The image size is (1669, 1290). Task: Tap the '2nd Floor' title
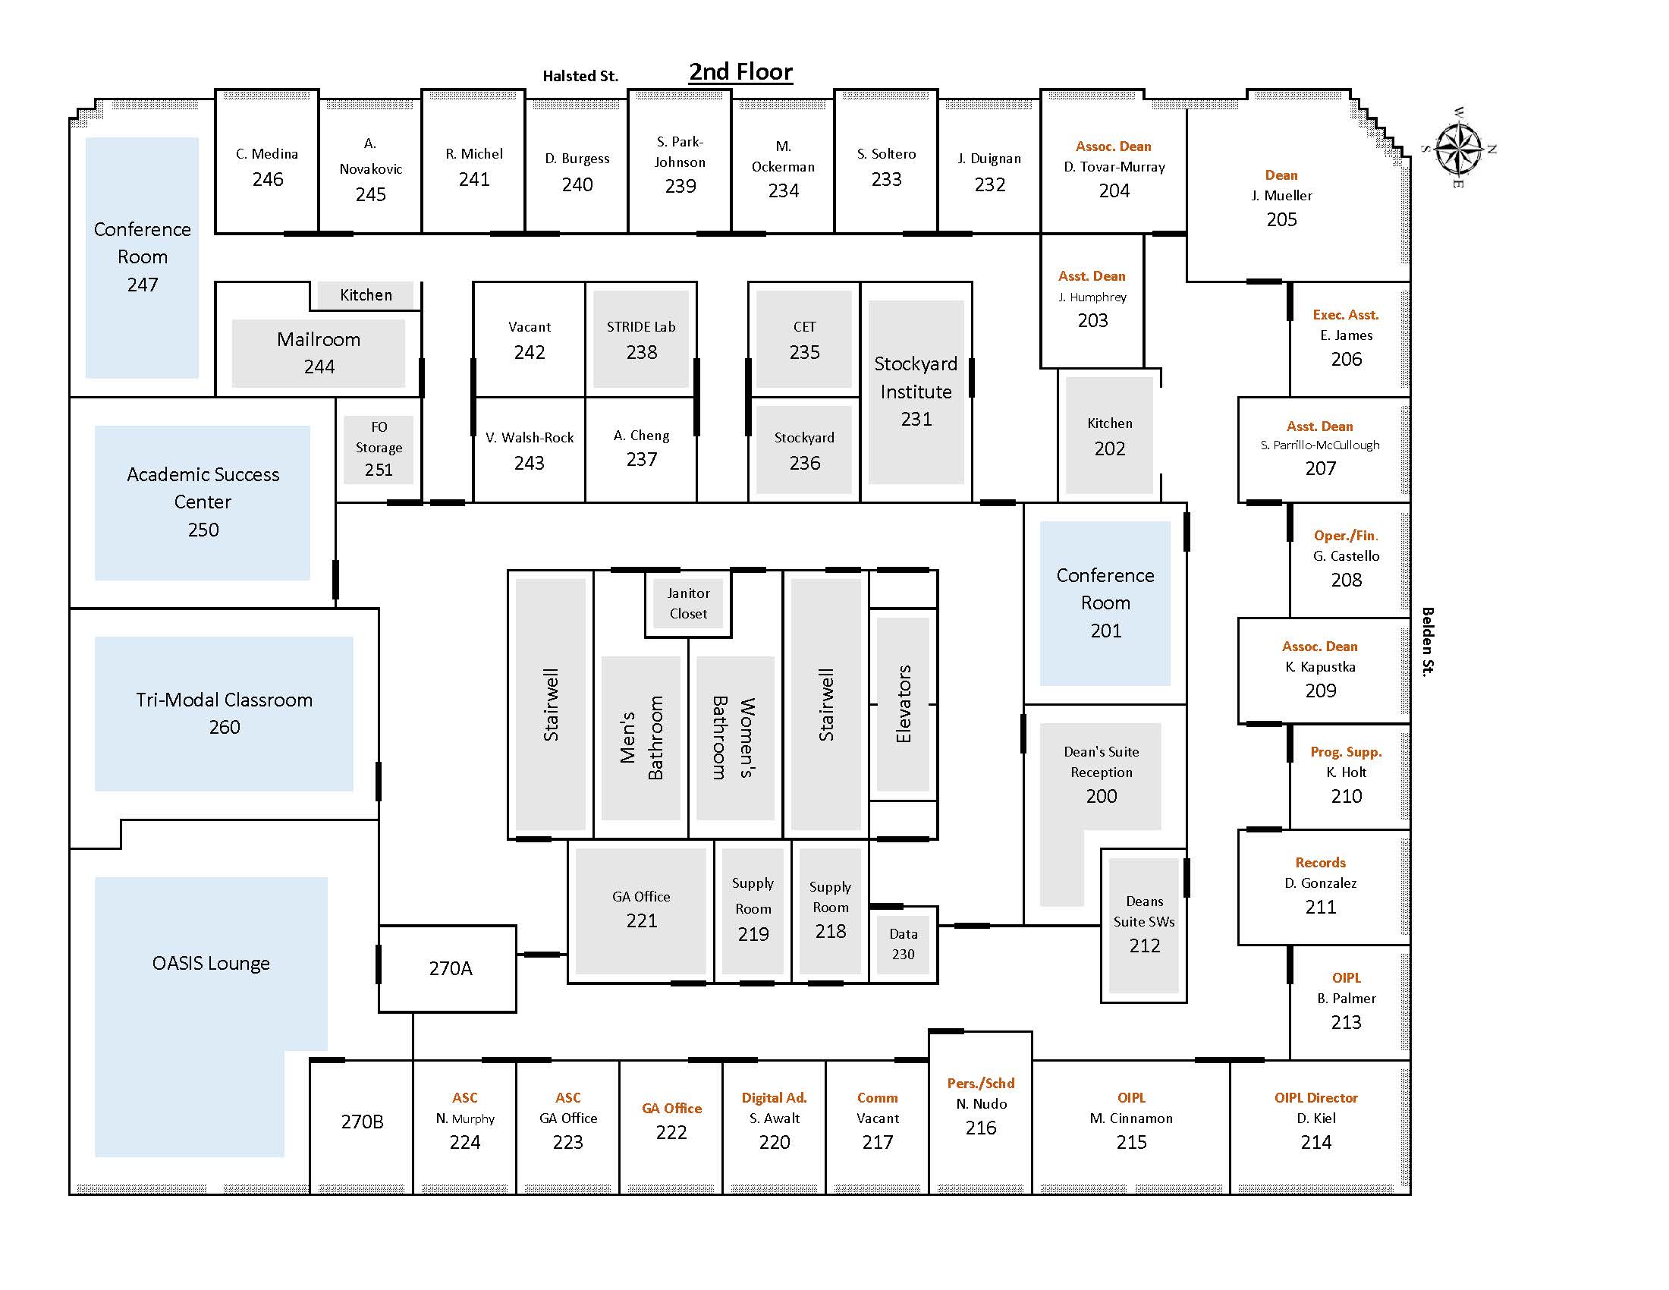coord(740,72)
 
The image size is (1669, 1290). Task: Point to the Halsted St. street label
coord(580,76)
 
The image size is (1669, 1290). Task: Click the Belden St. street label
coord(1427,641)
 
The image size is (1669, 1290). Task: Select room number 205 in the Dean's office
coord(1281,219)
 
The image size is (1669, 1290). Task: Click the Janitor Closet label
coord(688,603)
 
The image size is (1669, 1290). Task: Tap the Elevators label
coord(904,704)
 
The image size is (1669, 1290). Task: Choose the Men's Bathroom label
coord(641,738)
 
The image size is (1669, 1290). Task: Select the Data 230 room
coord(904,945)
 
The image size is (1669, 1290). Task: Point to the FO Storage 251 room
coord(379,448)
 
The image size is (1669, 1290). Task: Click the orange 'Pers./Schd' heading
coord(980,1083)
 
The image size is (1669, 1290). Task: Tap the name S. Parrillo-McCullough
coord(1320,445)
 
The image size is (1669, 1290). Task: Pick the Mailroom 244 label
coord(319,352)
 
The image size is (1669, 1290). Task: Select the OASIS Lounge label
coord(211,963)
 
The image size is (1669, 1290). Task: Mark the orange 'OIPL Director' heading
coord(1316,1097)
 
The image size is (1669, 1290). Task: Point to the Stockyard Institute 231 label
coord(916,392)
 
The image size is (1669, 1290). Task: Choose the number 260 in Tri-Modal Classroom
coord(224,727)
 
